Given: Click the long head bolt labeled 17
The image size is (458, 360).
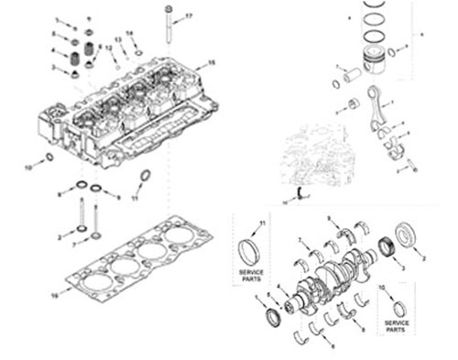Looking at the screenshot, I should (167, 27).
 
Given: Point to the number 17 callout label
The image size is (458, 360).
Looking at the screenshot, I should (190, 16).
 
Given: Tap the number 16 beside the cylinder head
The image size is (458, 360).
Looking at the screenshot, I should (211, 62).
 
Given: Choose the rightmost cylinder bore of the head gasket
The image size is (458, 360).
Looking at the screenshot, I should (179, 235).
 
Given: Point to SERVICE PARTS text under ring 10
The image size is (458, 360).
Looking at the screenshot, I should (396, 325).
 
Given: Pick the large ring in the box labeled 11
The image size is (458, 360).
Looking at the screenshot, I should (248, 250).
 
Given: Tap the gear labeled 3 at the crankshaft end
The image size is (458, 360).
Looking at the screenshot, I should (387, 248).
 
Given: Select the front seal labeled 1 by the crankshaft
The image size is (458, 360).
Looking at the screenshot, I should (273, 317).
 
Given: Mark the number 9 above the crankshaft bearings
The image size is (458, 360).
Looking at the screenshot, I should (329, 217).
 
